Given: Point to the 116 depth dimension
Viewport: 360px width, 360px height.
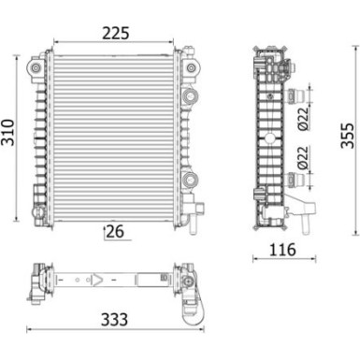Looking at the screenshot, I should (281, 251).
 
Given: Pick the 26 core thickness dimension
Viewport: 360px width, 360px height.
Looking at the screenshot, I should (116, 230).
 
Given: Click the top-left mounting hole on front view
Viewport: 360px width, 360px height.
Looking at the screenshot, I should (36, 70).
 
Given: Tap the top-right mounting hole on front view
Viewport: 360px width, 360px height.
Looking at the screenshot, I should (193, 70).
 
